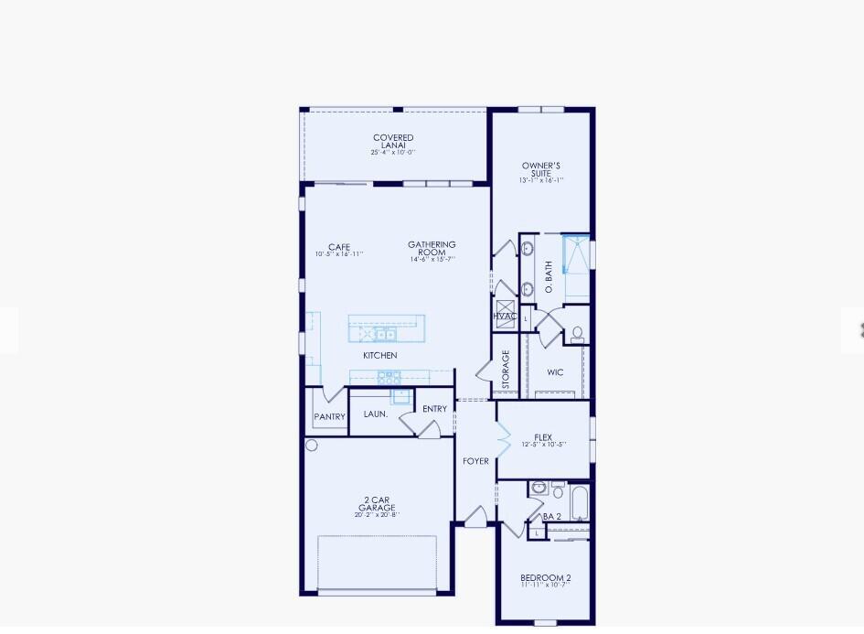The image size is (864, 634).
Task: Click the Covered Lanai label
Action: [x=393, y=142]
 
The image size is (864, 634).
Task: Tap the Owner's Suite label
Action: [x=541, y=170]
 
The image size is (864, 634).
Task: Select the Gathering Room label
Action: [x=432, y=249]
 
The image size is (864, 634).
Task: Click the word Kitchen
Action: [x=380, y=355]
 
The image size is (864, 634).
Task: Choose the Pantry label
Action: [x=329, y=417]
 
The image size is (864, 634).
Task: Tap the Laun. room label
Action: [x=376, y=414]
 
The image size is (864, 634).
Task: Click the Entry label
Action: [x=434, y=409]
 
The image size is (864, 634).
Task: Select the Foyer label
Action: [x=475, y=461]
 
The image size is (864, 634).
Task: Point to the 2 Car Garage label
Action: [x=377, y=504]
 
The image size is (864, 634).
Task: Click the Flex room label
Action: [x=543, y=438]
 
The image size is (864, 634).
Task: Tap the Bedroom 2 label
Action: [x=546, y=578]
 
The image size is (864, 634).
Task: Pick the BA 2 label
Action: [x=552, y=516]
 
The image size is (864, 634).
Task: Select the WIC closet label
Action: [x=555, y=372]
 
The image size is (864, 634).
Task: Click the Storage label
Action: [x=506, y=370]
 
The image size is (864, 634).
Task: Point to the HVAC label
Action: [x=505, y=316]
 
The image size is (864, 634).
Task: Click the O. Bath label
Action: [x=549, y=277]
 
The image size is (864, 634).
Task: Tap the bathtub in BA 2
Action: [x=580, y=501]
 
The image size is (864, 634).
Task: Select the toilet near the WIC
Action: [x=577, y=335]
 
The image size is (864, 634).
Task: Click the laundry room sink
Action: [x=400, y=396]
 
